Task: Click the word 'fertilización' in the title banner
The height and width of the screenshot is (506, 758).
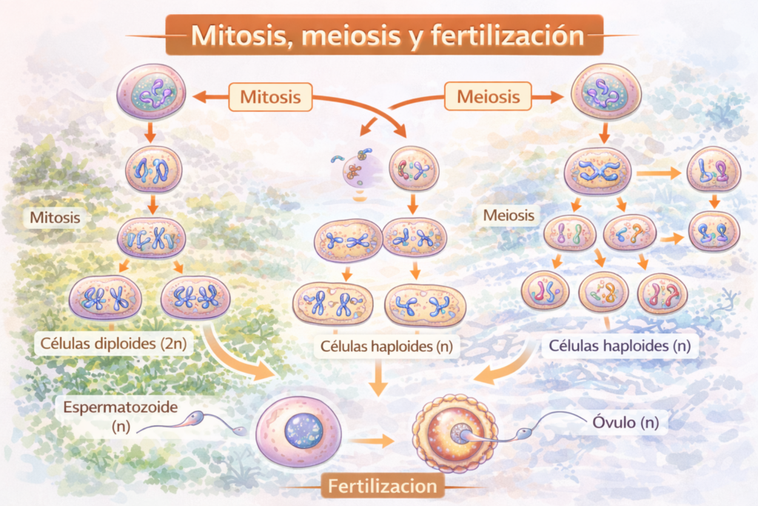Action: (508, 36)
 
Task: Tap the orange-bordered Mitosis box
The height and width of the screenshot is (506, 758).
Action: (270, 97)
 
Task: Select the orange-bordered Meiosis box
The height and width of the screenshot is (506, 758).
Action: (489, 96)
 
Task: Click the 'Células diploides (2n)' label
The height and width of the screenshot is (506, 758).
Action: (113, 344)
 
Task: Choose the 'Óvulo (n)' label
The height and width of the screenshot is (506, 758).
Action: (625, 422)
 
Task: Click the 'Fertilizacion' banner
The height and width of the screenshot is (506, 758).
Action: (383, 486)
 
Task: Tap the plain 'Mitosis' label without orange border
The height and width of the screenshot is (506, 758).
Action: (55, 217)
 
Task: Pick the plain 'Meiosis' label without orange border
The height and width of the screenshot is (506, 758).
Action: (509, 215)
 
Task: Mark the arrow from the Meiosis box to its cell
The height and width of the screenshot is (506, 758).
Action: (547, 97)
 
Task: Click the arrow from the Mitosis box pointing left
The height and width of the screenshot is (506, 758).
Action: (211, 97)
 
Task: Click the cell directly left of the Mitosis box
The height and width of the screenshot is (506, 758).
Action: (151, 92)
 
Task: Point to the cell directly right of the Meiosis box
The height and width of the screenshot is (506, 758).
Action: (606, 92)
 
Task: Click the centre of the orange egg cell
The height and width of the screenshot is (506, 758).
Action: (455, 433)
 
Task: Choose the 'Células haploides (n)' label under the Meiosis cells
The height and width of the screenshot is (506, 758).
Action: (620, 345)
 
